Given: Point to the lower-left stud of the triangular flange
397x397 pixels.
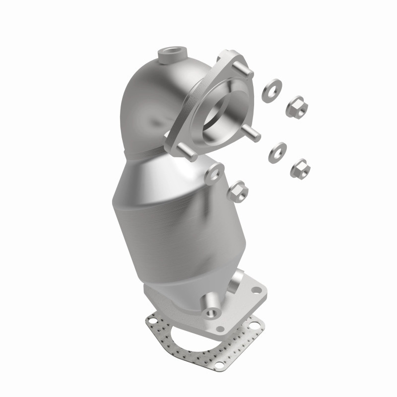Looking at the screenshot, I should [186, 151].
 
